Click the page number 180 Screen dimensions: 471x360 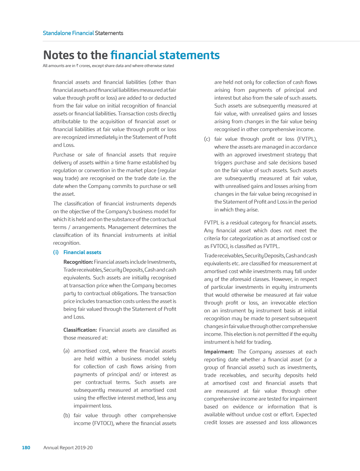pos(26,447)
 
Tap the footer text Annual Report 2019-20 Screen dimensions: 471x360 pos(68,447)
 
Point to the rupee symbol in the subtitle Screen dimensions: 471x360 pos(77,66)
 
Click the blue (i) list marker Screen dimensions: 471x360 pos(56,252)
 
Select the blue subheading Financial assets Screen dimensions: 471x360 pos(82,252)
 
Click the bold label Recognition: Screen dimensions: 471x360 pos(78,262)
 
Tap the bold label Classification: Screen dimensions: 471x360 pos(80,330)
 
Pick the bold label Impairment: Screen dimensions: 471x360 pos(219,352)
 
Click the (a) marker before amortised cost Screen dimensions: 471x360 pos(66,351)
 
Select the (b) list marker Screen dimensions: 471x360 pos(66,415)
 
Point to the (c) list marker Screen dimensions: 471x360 pos(207,139)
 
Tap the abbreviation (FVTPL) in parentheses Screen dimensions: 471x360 pos(307,139)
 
